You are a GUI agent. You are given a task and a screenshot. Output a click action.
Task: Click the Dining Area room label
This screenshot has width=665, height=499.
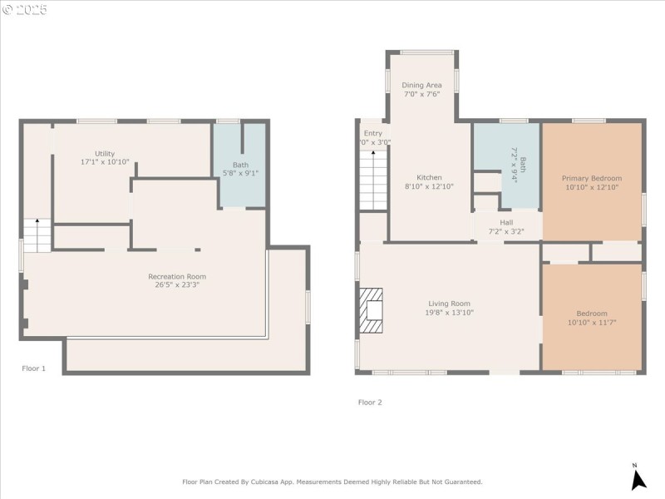click(x=421, y=85)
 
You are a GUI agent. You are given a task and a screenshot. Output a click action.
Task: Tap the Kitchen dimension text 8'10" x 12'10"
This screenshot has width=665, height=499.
click(x=429, y=186)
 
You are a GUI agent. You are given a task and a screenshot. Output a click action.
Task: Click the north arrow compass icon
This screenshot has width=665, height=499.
click(x=638, y=477)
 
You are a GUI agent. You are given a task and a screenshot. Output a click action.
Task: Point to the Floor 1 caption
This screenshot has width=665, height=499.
click(x=34, y=368)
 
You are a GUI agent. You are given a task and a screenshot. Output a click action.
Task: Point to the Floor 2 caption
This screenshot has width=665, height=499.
click(x=370, y=402)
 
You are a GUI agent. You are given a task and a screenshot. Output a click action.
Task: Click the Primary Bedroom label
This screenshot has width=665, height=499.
click(x=591, y=178)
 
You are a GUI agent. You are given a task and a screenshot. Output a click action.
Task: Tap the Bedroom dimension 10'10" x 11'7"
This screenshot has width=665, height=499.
click(x=591, y=322)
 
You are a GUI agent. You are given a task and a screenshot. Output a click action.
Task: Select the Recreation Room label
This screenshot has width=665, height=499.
click(x=177, y=276)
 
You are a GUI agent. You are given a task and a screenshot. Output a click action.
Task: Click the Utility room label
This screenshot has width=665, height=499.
click(x=104, y=153)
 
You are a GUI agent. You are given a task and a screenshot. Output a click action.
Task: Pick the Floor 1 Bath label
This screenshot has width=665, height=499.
click(x=240, y=165)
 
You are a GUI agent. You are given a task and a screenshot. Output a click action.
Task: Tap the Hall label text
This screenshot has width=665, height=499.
click(x=506, y=222)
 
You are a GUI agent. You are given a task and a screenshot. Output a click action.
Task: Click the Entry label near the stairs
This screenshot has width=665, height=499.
click(x=373, y=133)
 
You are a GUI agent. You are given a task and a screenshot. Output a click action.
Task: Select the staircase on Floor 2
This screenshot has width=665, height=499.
click(x=373, y=180)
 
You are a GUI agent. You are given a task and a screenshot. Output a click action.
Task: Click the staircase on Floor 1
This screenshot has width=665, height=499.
click(x=37, y=235)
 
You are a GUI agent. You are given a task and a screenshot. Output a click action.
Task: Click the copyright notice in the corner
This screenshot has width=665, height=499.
click(x=25, y=10)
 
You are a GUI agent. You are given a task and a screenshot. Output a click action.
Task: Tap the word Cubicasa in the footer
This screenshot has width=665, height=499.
click(x=276, y=482)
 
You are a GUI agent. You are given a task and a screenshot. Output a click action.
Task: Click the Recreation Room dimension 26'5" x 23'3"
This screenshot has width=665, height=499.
click(x=177, y=284)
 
